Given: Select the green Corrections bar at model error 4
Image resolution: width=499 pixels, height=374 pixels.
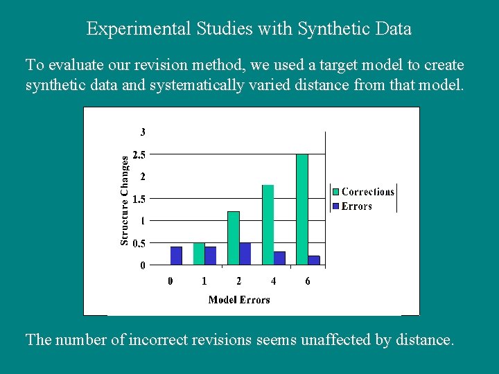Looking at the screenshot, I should pyautogui.click(x=268, y=224).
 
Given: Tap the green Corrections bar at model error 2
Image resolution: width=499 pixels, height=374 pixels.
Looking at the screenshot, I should pyautogui.click(x=233, y=238).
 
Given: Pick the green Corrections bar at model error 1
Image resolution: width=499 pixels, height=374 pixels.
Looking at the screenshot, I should pyautogui.click(x=199, y=253).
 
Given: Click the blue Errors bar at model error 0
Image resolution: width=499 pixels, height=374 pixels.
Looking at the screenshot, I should pyautogui.click(x=176, y=256).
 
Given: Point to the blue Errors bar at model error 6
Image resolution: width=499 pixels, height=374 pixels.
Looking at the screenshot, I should pyautogui.click(x=314, y=260).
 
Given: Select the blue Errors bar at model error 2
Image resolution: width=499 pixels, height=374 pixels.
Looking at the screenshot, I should pyautogui.click(x=245, y=253).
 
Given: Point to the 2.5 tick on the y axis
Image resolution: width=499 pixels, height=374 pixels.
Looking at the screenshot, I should pyautogui.click(x=139, y=154).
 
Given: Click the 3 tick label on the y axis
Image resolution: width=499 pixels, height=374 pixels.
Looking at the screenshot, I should pyautogui.click(x=143, y=132).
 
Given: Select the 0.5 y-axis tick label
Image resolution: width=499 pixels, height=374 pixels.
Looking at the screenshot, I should pyautogui.click(x=139, y=243).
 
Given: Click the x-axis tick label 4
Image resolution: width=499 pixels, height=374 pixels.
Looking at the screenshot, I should pyautogui.click(x=273, y=281).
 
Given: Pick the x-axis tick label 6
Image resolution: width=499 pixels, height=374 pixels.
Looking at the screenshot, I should pyautogui.click(x=308, y=281).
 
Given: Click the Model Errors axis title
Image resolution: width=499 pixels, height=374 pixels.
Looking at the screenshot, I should pyautogui.click(x=239, y=300).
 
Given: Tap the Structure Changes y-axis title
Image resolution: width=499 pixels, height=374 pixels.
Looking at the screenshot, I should pyautogui.click(x=125, y=200).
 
